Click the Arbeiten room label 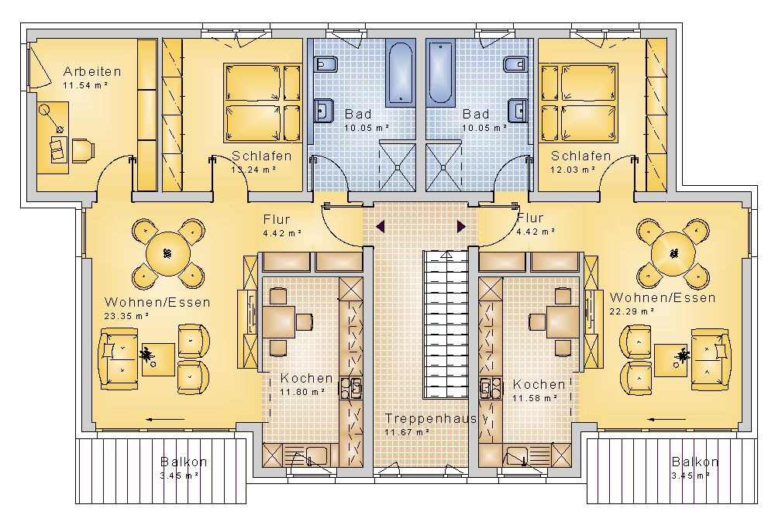[92, 71]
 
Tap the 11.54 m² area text [85, 85]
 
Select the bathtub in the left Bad [401, 74]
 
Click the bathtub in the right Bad [440, 74]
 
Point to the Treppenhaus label [430, 419]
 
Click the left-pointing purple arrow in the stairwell [381, 227]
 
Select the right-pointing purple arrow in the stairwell [461, 227]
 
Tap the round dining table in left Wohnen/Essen [168, 254]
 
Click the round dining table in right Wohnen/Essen [673, 254]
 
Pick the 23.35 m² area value [126, 316]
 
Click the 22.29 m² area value [632, 311]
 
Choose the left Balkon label [184, 462]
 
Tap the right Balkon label [695, 462]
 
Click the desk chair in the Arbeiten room [83, 150]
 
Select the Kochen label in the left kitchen [306, 378]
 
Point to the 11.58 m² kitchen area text [535, 398]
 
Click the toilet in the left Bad [325, 65]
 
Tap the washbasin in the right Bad [518, 110]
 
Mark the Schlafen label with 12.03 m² [581, 156]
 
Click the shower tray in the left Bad [398, 167]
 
